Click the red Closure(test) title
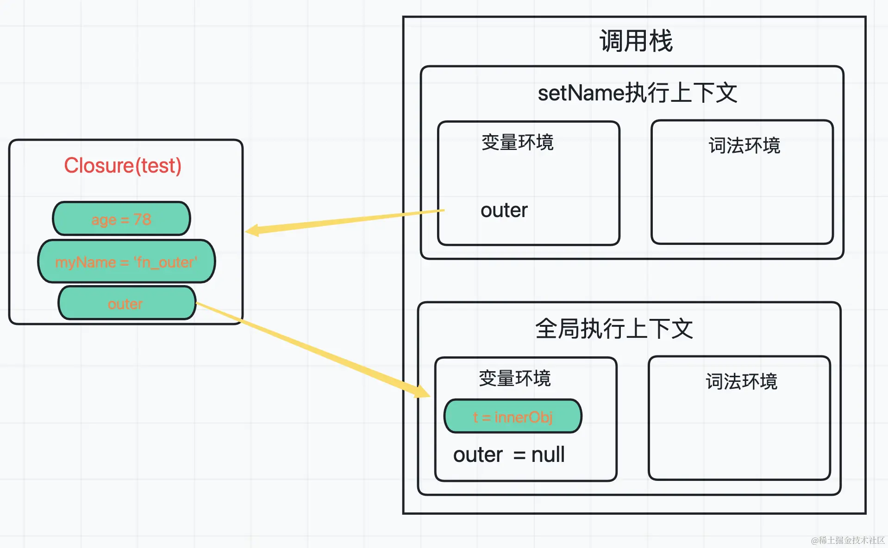pyautogui.click(x=123, y=165)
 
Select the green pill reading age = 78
pyautogui.click(x=121, y=219)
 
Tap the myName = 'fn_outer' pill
pyautogui.click(x=126, y=262)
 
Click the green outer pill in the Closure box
pyautogui.click(x=126, y=304)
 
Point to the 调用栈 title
pyautogui.click(x=636, y=41)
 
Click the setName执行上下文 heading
pyautogui.click(x=637, y=93)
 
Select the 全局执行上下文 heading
pyautogui.click(x=614, y=329)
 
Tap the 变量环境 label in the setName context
pyautogui.click(x=517, y=142)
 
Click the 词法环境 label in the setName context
pyautogui.click(x=744, y=145)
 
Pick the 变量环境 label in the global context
pyautogui.click(x=514, y=378)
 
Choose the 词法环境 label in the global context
pyautogui.click(x=741, y=381)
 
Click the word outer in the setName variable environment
pyautogui.click(x=504, y=210)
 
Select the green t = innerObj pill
pyautogui.click(x=513, y=417)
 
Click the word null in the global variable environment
pyautogui.click(x=548, y=455)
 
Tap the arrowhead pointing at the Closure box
pyautogui.click(x=252, y=230)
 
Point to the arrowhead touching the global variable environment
pyautogui.click(x=422, y=392)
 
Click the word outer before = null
pyautogui.click(x=478, y=455)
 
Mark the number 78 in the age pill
pyautogui.click(x=142, y=219)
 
